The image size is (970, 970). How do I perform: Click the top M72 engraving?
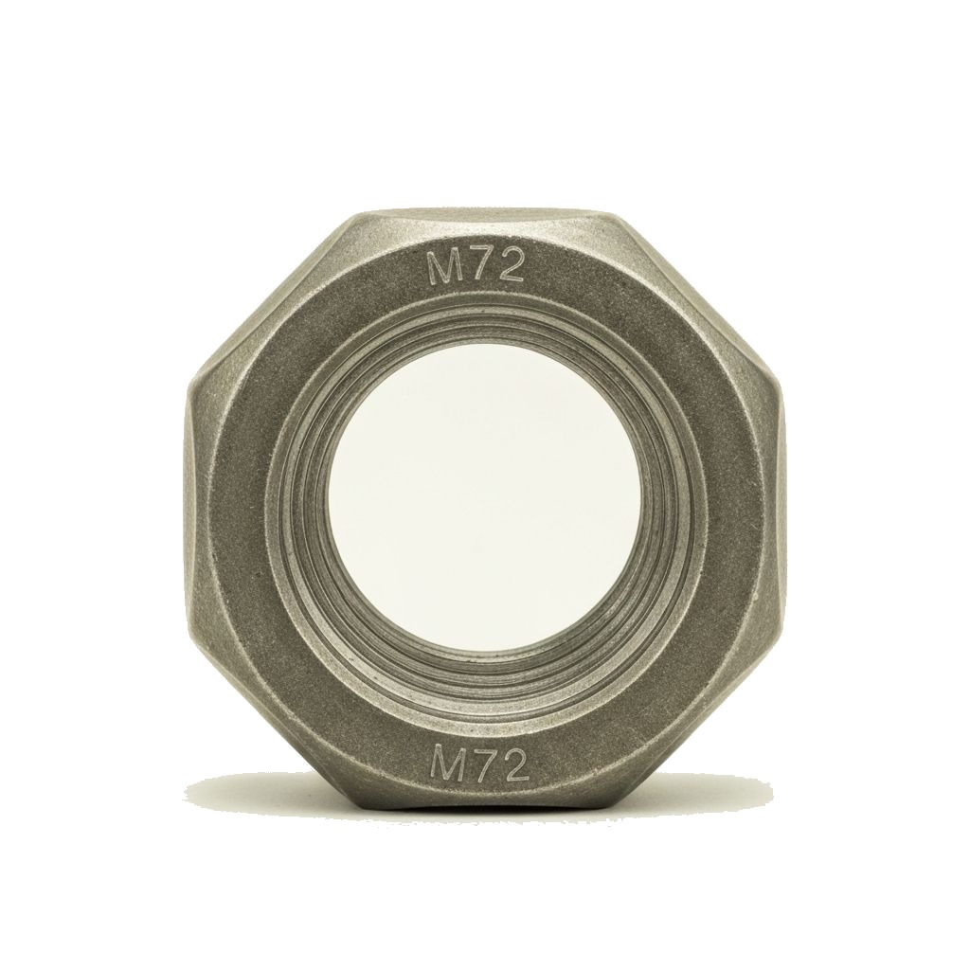476,266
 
